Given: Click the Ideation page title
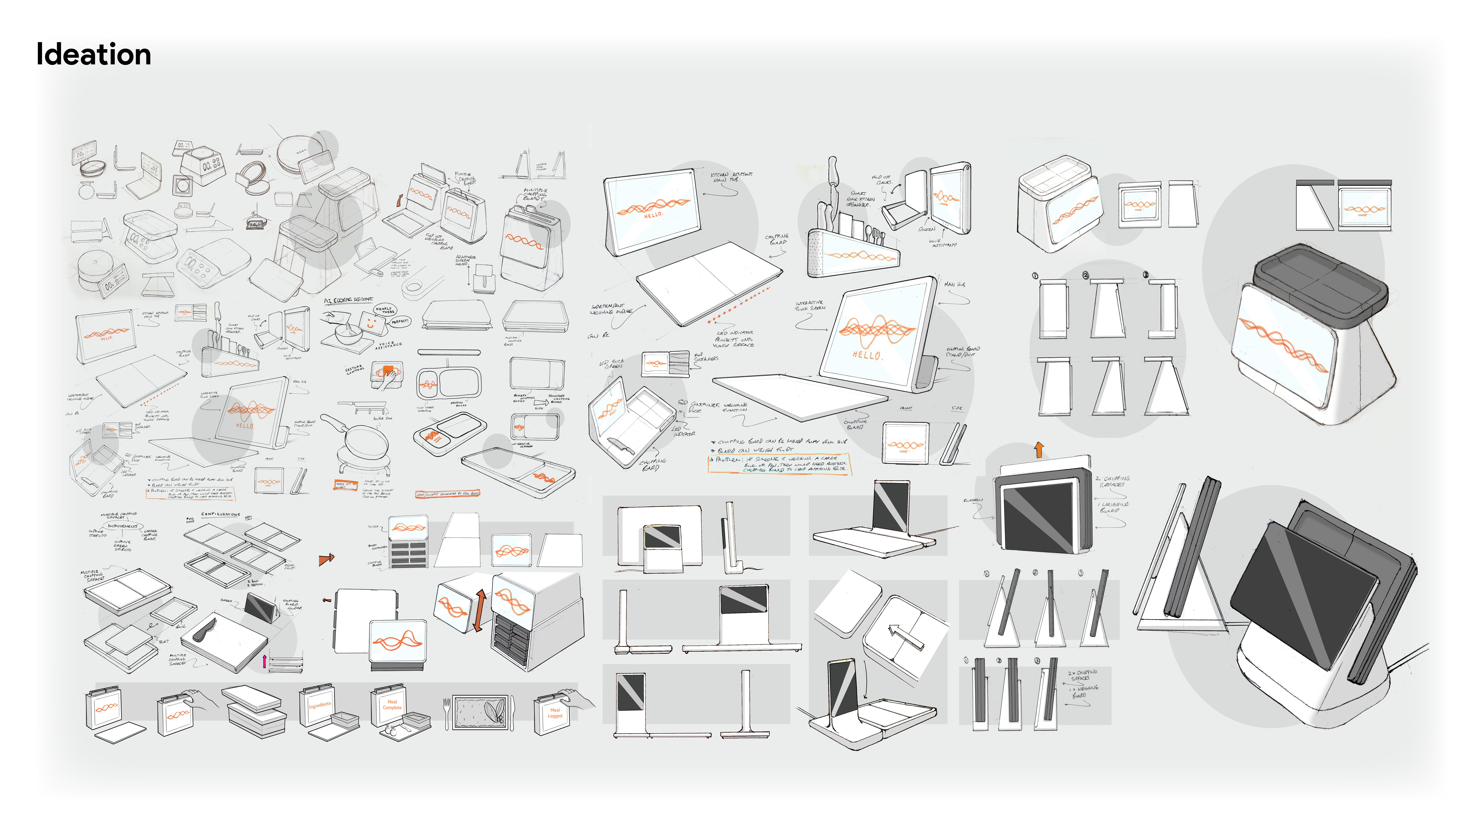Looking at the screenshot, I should (x=93, y=55).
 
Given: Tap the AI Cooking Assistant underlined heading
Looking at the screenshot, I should (x=349, y=300).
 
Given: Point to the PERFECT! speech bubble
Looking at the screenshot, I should (x=400, y=321).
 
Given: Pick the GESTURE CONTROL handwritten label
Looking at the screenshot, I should (x=354, y=369).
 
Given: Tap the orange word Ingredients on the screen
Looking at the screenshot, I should (x=320, y=705).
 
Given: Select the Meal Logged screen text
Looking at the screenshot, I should (x=555, y=713).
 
